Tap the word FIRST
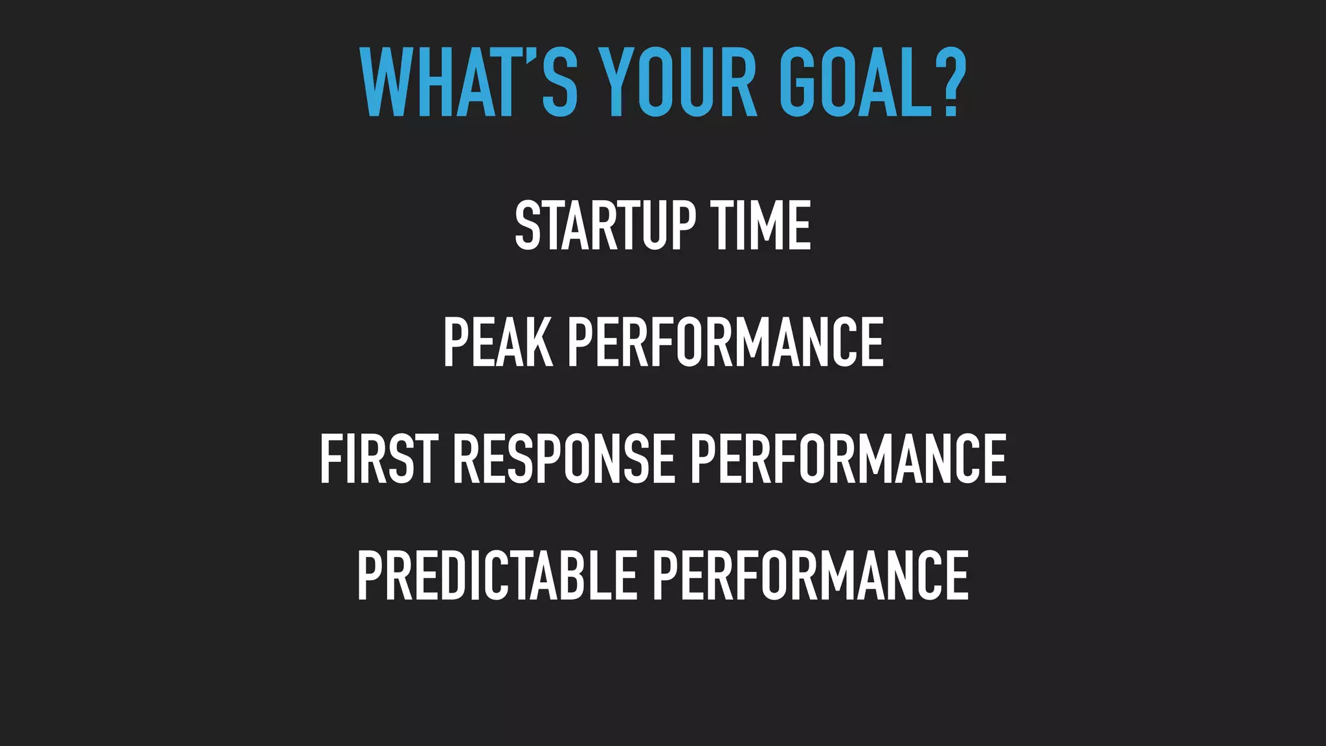click(379, 459)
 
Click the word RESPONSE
click(563, 459)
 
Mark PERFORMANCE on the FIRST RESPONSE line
click(848, 459)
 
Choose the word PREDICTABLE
click(497, 576)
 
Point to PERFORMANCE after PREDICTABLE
click(810, 576)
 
